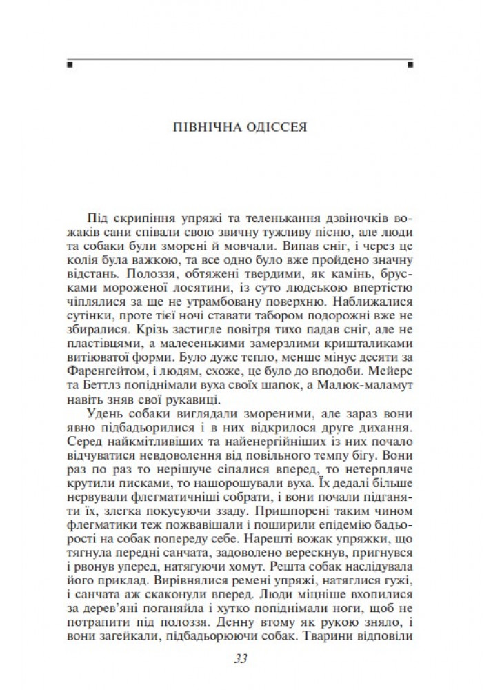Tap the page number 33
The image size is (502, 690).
coord(241,658)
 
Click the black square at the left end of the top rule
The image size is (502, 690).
coord(70,66)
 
